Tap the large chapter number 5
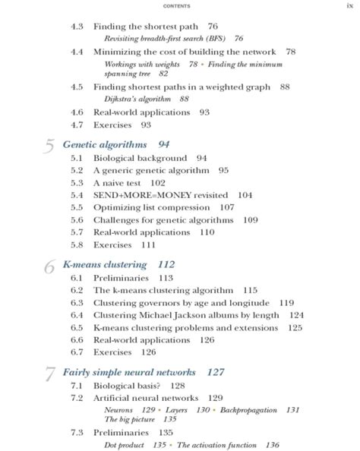(x=49, y=147)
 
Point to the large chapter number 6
(x=49, y=267)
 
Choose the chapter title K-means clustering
(x=106, y=264)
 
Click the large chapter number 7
(x=49, y=375)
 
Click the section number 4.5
(x=77, y=87)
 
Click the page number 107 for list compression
(x=226, y=207)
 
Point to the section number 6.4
(x=77, y=314)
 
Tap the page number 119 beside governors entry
(x=286, y=302)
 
